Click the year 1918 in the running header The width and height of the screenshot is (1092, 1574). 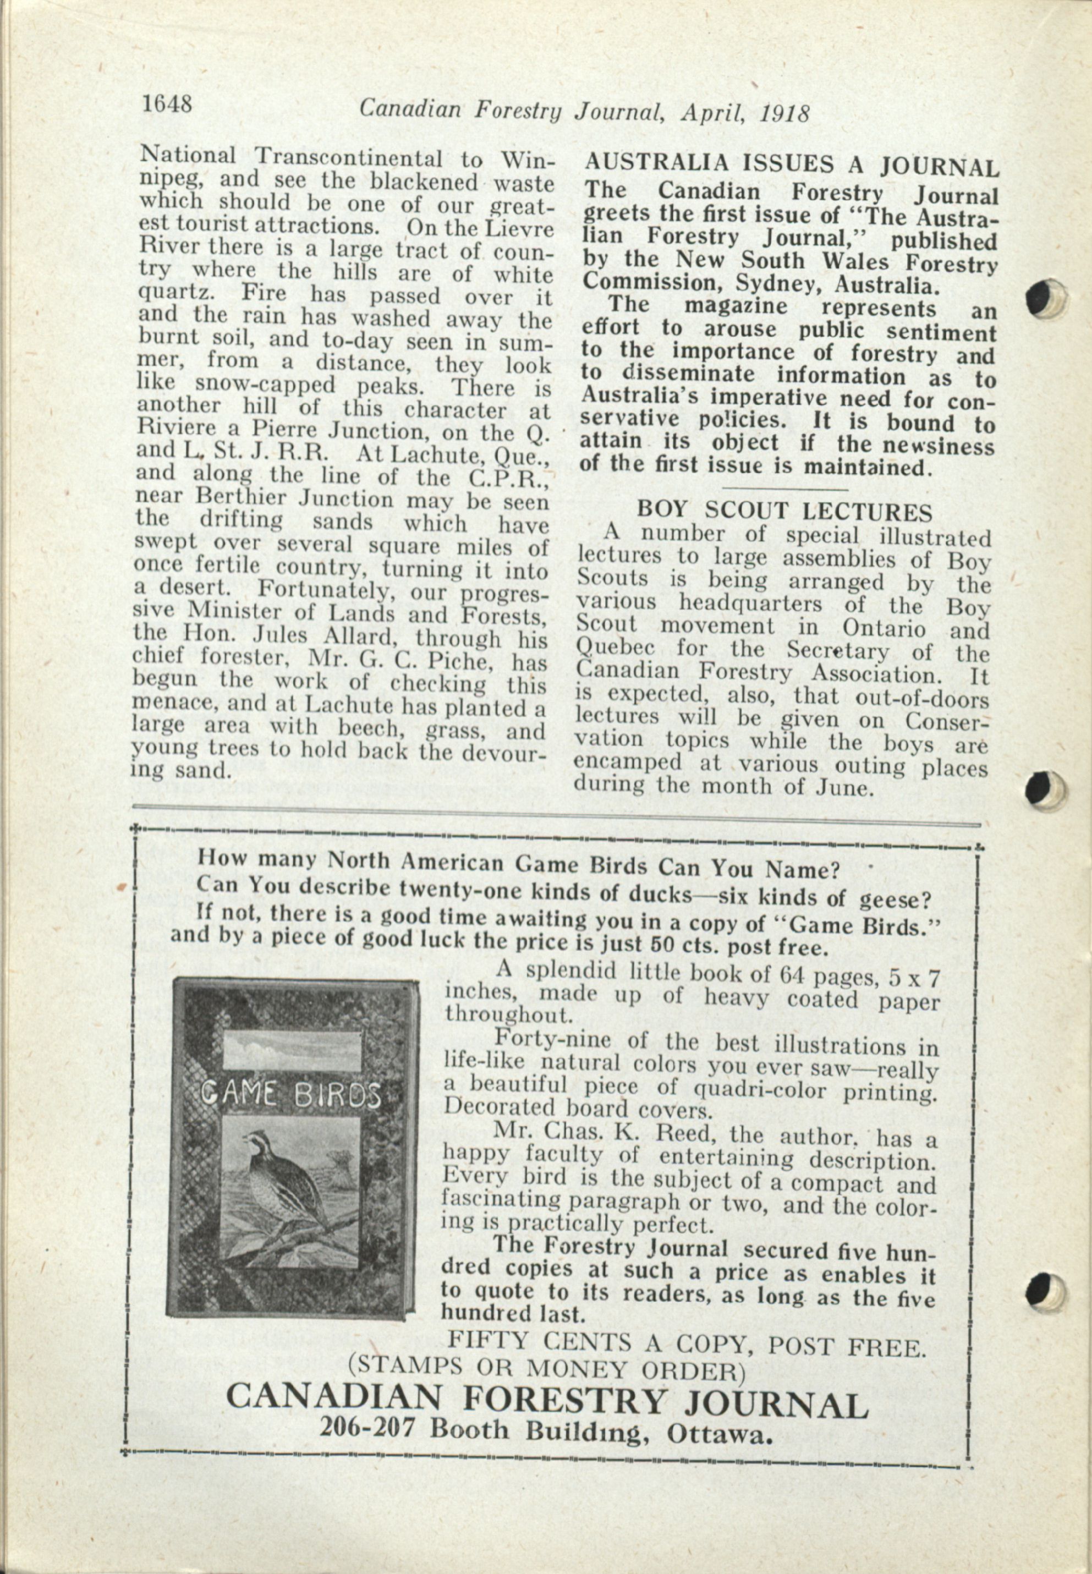[x=785, y=112]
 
